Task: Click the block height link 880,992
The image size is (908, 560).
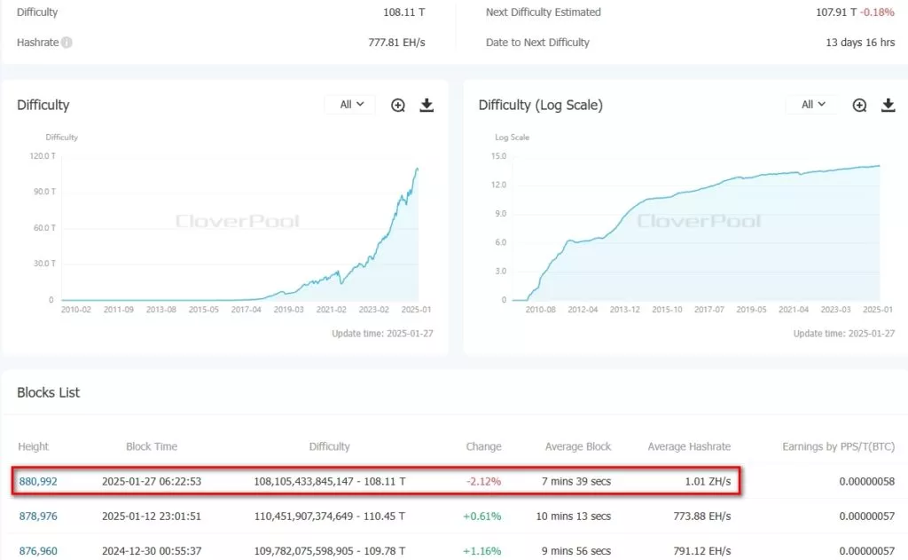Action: (x=38, y=482)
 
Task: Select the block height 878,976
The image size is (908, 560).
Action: (x=38, y=517)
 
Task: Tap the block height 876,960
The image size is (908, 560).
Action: (x=38, y=551)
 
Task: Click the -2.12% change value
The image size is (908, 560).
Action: (x=484, y=482)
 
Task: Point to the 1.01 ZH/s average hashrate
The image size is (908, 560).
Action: (x=708, y=482)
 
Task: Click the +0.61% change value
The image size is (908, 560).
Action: (x=483, y=517)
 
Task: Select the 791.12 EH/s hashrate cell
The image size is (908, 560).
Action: (x=701, y=551)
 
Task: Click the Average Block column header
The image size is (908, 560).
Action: (x=577, y=446)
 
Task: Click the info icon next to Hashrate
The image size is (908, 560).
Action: (x=67, y=43)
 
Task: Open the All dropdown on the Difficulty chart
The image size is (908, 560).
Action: (x=350, y=105)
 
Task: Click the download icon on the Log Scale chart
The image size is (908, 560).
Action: (x=888, y=105)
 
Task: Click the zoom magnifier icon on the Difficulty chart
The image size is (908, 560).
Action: (x=398, y=105)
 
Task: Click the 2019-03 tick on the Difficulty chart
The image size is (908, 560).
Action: (x=289, y=310)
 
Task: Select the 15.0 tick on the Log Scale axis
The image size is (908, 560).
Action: (x=498, y=155)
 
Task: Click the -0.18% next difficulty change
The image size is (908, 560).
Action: (x=880, y=12)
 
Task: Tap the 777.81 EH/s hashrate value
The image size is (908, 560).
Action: (x=396, y=43)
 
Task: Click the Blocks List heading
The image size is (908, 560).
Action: (x=49, y=392)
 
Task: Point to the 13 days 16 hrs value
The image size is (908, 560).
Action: (x=860, y=43)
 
